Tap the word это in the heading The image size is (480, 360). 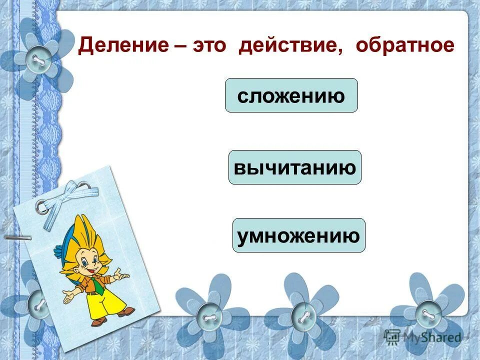pyautogui.click(x=205, y=46)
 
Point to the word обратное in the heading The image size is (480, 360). pyautogui.click(x=405, y=46)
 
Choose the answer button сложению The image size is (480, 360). pyautogui.click(x=291, y=95)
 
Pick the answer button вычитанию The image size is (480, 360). pyautogui.click(x=295, y=167)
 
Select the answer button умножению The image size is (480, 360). pyautogui.click(x=298, y=235)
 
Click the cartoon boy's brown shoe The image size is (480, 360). pyautogui.click(x=125, y=312)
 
